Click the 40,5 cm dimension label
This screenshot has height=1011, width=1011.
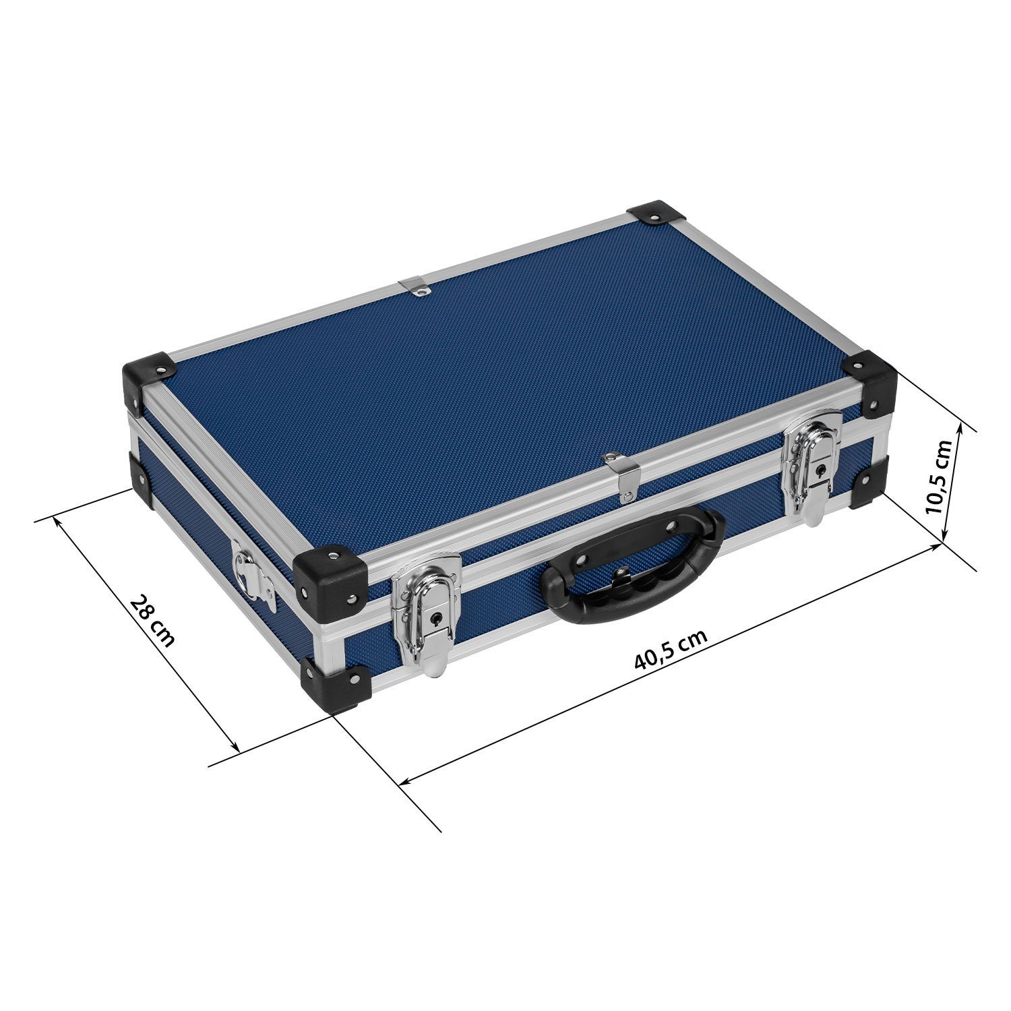tap(671, 649)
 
